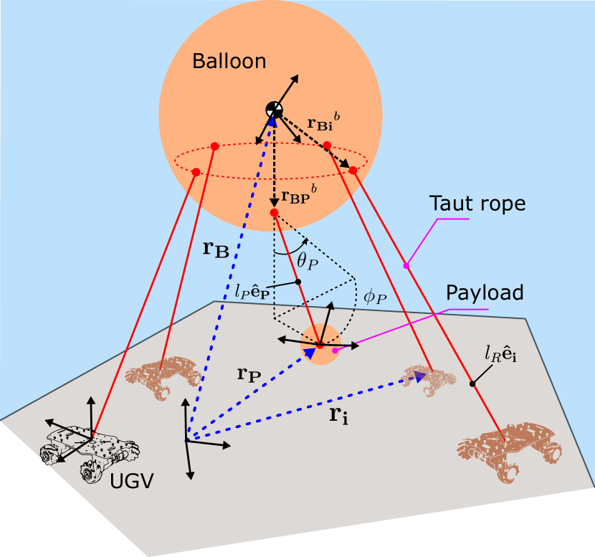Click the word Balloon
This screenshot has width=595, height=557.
[229, 62]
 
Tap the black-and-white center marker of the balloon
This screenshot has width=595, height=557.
[274, 110]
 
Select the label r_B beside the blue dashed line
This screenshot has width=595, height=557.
[216, 249]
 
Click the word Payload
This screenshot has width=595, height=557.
[485, 292]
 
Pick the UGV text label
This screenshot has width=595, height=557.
[132, 482]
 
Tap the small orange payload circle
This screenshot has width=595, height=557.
[320, 345]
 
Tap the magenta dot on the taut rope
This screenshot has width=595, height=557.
[406, 266]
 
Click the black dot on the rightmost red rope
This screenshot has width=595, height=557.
[472, 384]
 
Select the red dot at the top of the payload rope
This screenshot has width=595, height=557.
[274, 213]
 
